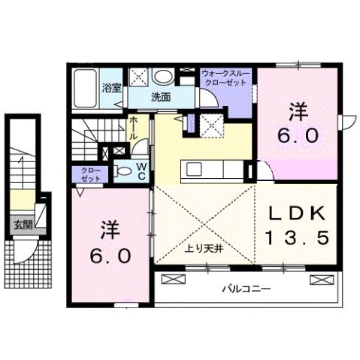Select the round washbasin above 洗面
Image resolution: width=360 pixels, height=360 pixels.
(x=162, y=77)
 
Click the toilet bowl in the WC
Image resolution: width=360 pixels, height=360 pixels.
(x=124, y=171)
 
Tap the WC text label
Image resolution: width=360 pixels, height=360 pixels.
(x=141, y=171)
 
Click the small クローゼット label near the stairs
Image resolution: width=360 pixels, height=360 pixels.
(x=90, y=174)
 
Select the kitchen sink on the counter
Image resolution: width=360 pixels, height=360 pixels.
(x=191, y=168)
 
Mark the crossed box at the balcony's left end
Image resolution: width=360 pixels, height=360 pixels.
(x=173, y=280)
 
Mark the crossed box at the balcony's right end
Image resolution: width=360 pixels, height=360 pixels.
(x=320, y=280)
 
